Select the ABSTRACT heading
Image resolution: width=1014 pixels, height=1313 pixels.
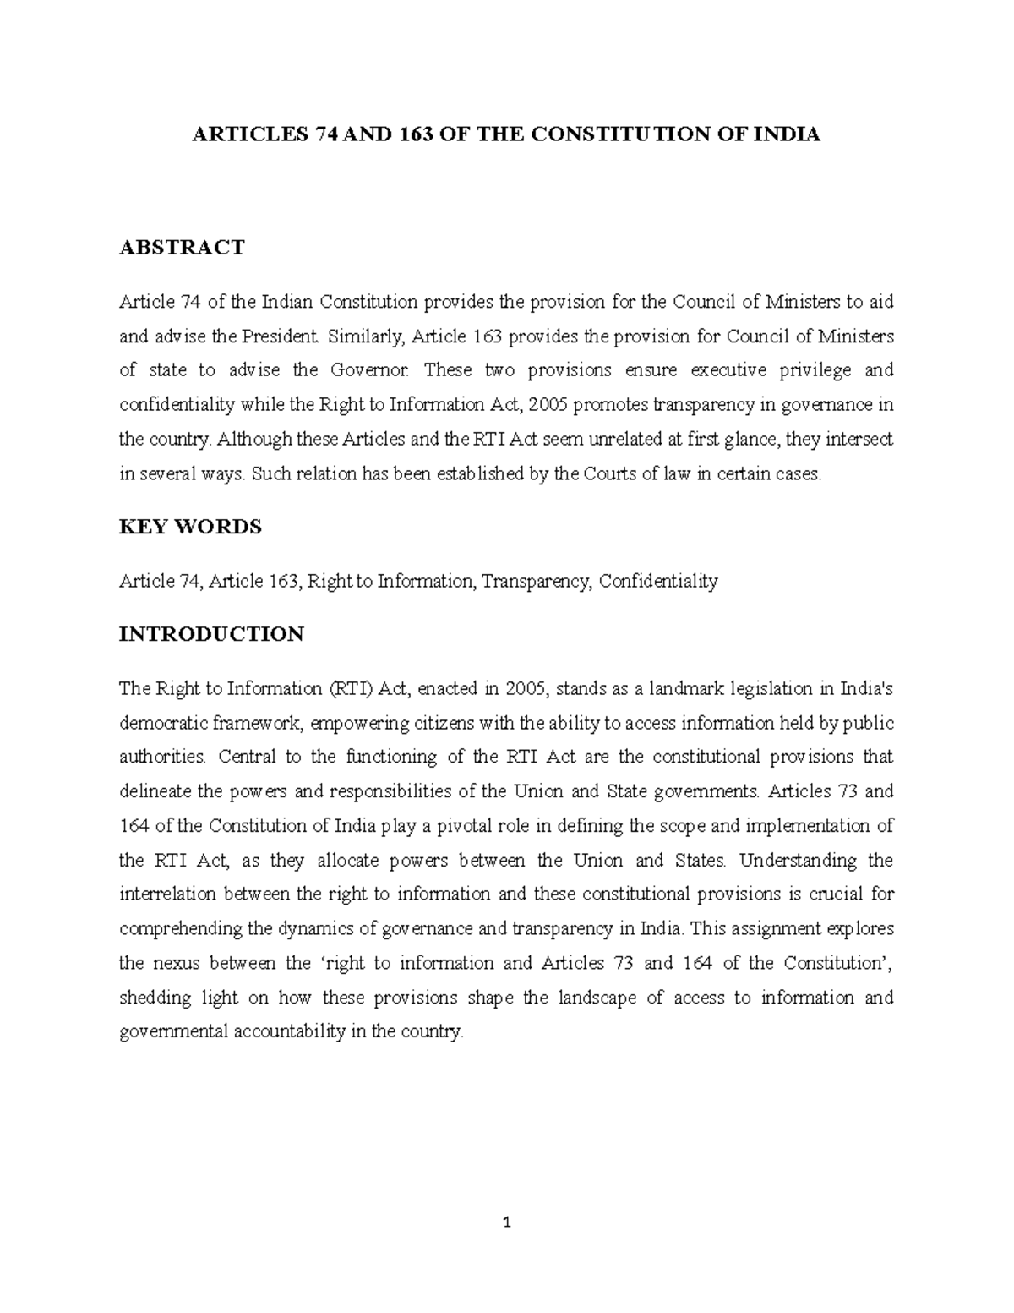click(x=182, y=247)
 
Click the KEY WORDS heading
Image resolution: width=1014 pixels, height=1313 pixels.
click(x=190, y=527)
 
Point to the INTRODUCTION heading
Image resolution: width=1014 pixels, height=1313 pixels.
click(x=211, y=634)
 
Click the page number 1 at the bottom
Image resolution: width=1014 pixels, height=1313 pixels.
click(x=507, y=1222)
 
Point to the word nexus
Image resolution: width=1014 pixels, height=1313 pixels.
click(x=175, y=963)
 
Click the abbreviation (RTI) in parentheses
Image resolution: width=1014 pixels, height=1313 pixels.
click(x=347, y=688)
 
